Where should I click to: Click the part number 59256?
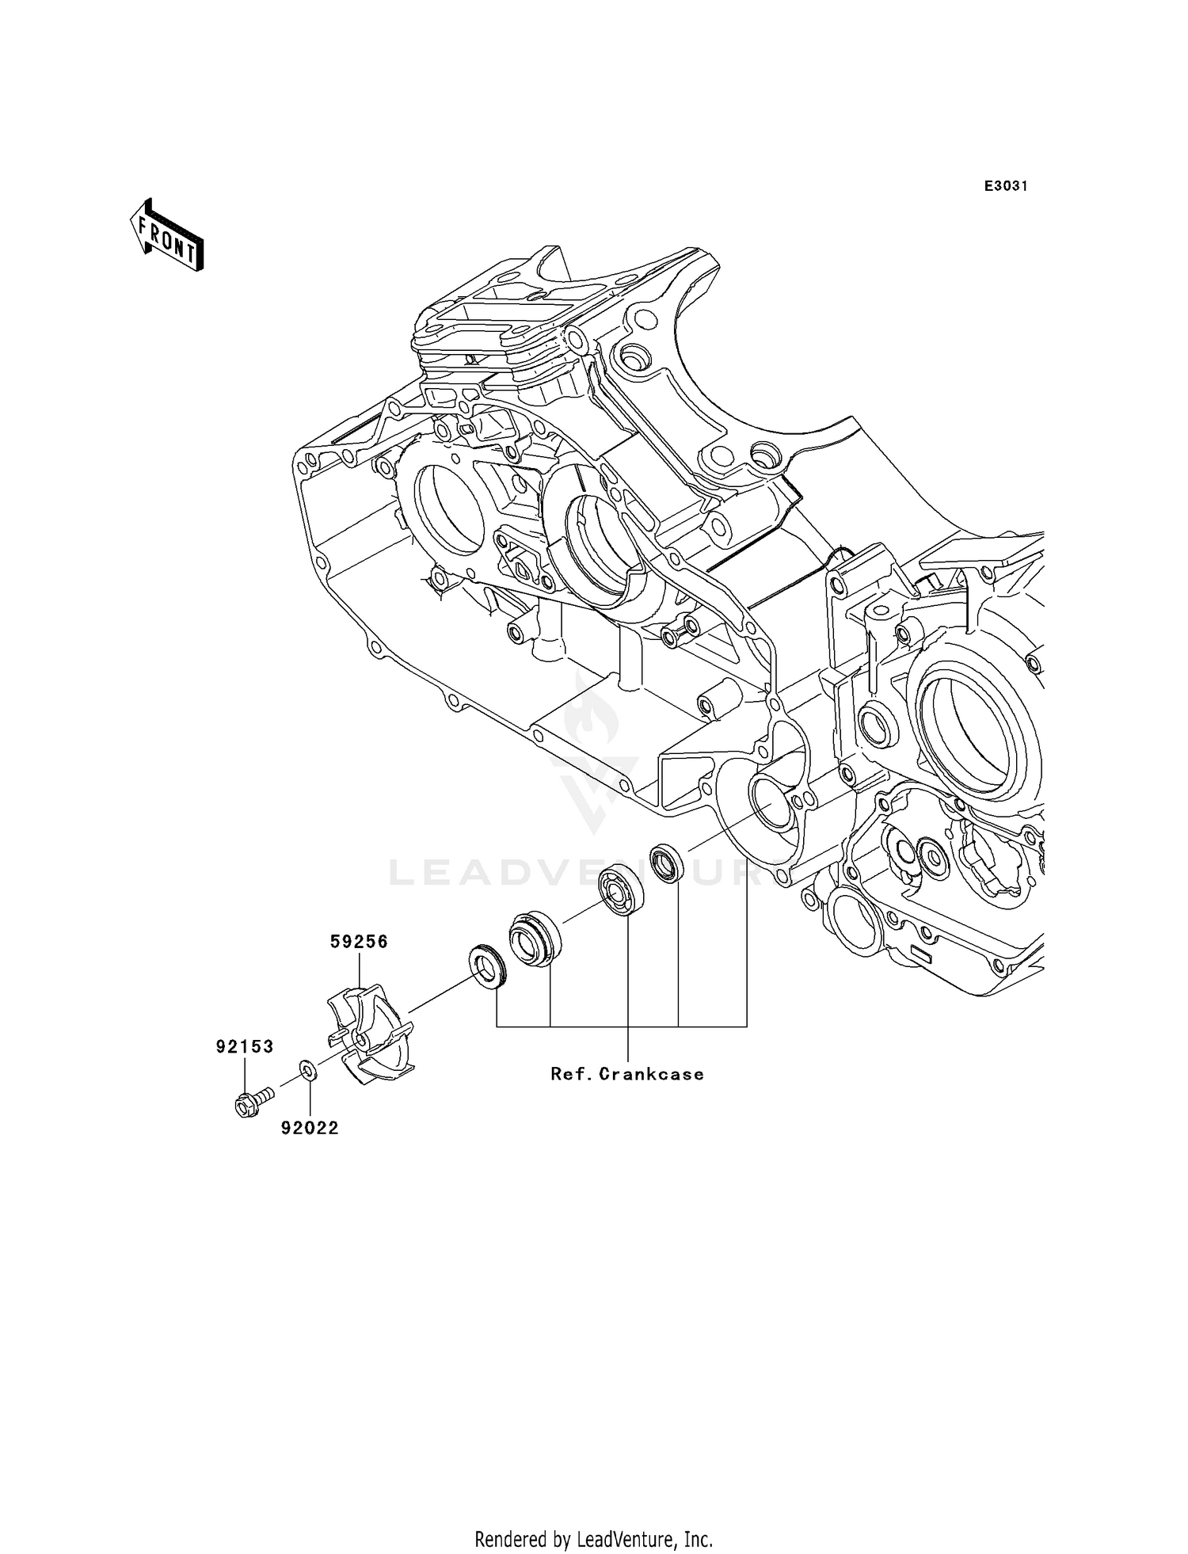click(359, 942)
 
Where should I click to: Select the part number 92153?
click(245, 1047)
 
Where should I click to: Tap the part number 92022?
click(310, 1128)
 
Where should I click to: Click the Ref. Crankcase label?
click(627, 1074)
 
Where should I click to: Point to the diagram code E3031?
click(1006, 186)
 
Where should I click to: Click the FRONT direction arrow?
click(167, 237)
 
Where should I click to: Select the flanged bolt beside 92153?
click(251, 1100)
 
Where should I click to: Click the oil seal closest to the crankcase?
click(667, 863)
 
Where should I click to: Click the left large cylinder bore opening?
click(445, 511)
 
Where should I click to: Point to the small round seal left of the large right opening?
click(878, 725)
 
